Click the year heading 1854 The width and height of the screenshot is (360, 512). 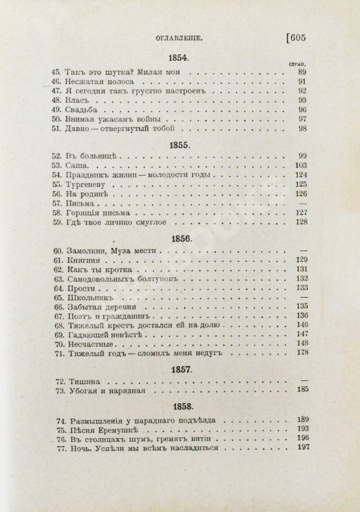point(177,58)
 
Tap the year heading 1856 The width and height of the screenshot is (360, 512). point(177,238)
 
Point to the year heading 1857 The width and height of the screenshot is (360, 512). point(177,368)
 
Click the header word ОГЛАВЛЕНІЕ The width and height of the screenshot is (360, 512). point(176,38)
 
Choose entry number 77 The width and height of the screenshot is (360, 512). point(56,448)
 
